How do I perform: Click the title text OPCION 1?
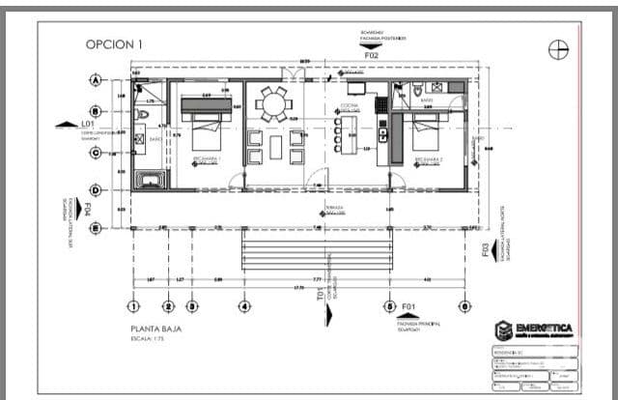tap(114, 43)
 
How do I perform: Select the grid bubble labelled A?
tap(96, 79)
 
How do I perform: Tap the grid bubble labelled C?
tap(96, 152)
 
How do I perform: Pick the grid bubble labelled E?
tap(96, 228)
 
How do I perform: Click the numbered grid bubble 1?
tap(133, 306)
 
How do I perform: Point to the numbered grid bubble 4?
tap(243, 306)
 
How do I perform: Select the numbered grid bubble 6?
tap(465, 306)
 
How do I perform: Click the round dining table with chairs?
tap(273, 102)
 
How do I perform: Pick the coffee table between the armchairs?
tap(273, 147)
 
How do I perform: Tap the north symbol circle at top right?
tap(558, 49)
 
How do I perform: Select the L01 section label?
tap(87, 125)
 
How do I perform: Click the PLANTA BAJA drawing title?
tap(157, 329)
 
